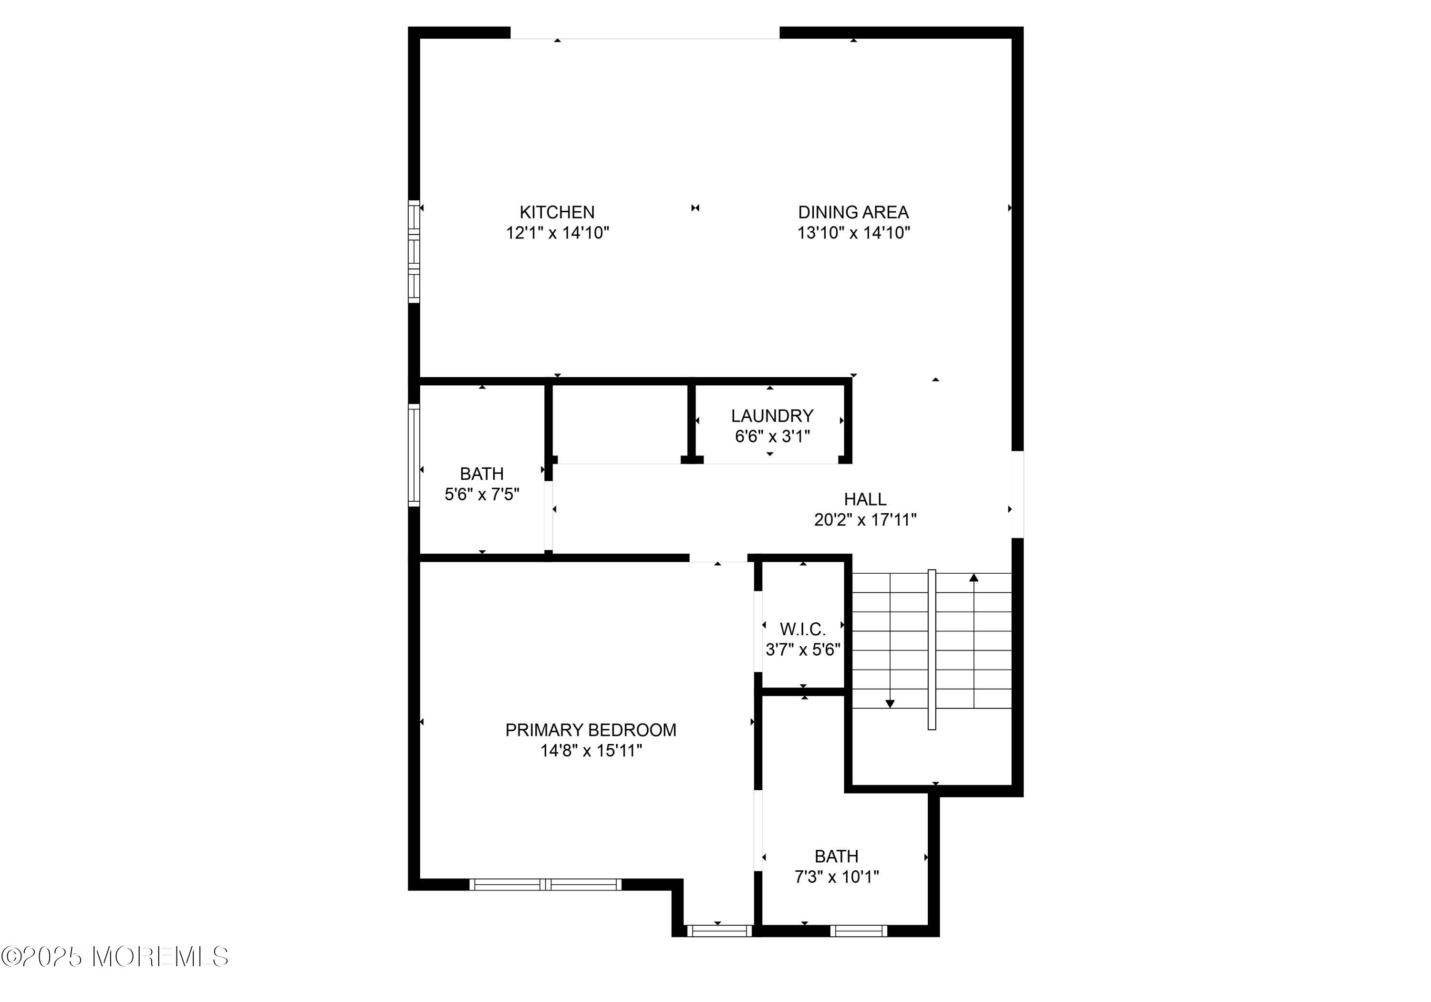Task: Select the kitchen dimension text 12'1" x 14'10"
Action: coord(557,233)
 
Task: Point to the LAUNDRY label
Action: coord(772,415)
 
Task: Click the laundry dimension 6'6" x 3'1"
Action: coord(772,436)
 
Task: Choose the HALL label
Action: coord(865,499)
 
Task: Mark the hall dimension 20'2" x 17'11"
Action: coord(865,520)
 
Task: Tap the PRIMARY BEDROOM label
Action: coord(591,730)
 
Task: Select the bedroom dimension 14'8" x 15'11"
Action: coord(591,750)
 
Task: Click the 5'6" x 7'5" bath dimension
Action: coord(482,495)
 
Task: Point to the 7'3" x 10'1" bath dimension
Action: coord(836,877)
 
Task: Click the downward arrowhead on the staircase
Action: coord(890,704)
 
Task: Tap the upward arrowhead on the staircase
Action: coord(974,578)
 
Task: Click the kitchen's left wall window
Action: coord(414,251)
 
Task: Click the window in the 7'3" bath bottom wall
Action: coord(858,931)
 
